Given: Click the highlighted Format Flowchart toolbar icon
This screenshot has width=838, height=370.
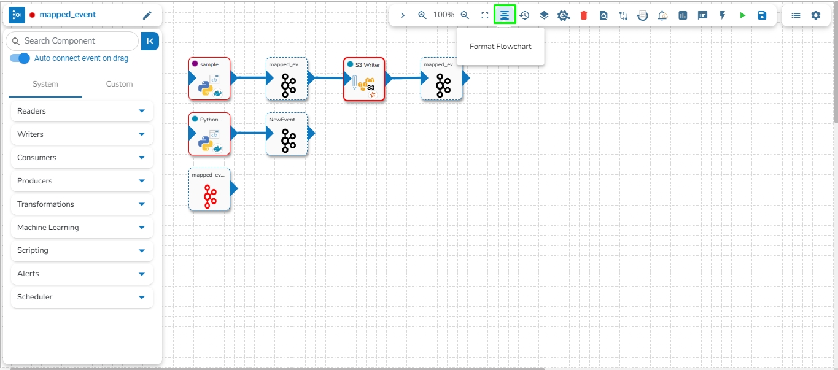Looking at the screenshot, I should coord(505,15).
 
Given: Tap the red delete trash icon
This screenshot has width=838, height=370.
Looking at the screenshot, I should coord(584,15).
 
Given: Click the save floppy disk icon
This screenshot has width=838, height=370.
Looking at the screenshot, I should coord(762,15).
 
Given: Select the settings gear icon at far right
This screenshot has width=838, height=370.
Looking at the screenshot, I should coord(815,15).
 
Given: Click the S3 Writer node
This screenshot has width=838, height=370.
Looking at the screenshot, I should coord(364,79).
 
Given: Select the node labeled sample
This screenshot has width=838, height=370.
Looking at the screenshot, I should coord(209,79).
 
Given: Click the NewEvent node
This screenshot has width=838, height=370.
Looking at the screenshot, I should coord(287,134).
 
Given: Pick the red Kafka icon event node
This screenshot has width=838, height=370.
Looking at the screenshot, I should coord(209,190).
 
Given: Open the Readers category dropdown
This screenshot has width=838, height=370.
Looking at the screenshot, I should coord(82,111).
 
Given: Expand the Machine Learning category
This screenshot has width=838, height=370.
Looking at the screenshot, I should coord(82,228).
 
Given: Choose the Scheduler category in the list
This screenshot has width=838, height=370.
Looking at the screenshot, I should coord(82,297).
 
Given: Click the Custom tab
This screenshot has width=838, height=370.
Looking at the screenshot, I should coord(119,84).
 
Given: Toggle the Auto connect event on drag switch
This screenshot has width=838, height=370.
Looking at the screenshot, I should coord(20,58).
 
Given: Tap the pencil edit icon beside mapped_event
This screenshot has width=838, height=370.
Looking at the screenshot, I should coord(147,15).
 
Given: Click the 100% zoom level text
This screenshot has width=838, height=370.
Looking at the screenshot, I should coord(444,15).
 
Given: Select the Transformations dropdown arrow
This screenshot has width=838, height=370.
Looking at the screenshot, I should coord(142,204).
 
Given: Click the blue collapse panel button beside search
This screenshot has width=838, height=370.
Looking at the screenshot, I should coord(150,41).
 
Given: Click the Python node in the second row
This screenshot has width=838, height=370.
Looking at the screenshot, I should coord(209,134).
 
